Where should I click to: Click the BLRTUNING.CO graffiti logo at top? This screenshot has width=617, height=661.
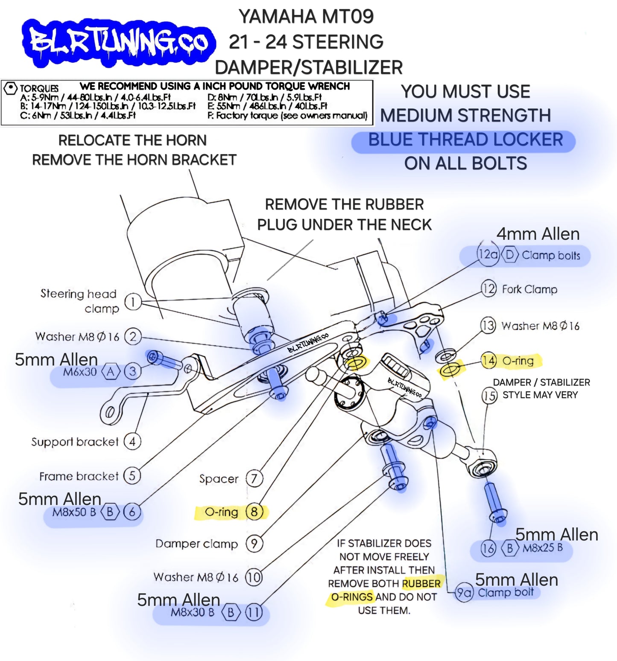tap(119, 42)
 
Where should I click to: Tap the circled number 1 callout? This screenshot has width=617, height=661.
tap(133, 302)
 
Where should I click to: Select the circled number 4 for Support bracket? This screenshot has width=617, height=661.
tap(132, 441)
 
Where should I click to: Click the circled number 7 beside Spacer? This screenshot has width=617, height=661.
tap(254, 478)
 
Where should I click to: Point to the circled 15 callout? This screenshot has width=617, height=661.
tap(489, 396)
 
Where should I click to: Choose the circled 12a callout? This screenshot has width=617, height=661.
tap(488, 255)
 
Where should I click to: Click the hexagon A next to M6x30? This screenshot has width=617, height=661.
tap(111, 372)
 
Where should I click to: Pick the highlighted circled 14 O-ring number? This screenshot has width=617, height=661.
tap(489, 361)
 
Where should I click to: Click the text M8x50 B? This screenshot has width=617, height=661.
tap(74, 512)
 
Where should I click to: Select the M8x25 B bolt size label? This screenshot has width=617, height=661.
tap(543, 547)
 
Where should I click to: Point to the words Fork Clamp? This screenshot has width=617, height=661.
tap(529, 289)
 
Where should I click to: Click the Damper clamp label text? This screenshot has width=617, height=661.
tap(196, 544)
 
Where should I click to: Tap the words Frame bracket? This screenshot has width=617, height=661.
tap(79, 476)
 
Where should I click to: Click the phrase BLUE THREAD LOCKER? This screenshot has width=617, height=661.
tap(465, 140)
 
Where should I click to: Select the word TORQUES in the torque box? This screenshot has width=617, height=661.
tap(39, 88)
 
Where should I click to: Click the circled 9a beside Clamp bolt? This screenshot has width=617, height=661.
tap(464, 593)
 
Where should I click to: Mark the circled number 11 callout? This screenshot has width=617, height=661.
tap(254, 612)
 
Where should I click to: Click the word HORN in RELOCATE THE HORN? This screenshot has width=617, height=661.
tap(186, 140)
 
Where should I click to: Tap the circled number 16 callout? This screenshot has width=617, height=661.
tap(488, 548)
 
